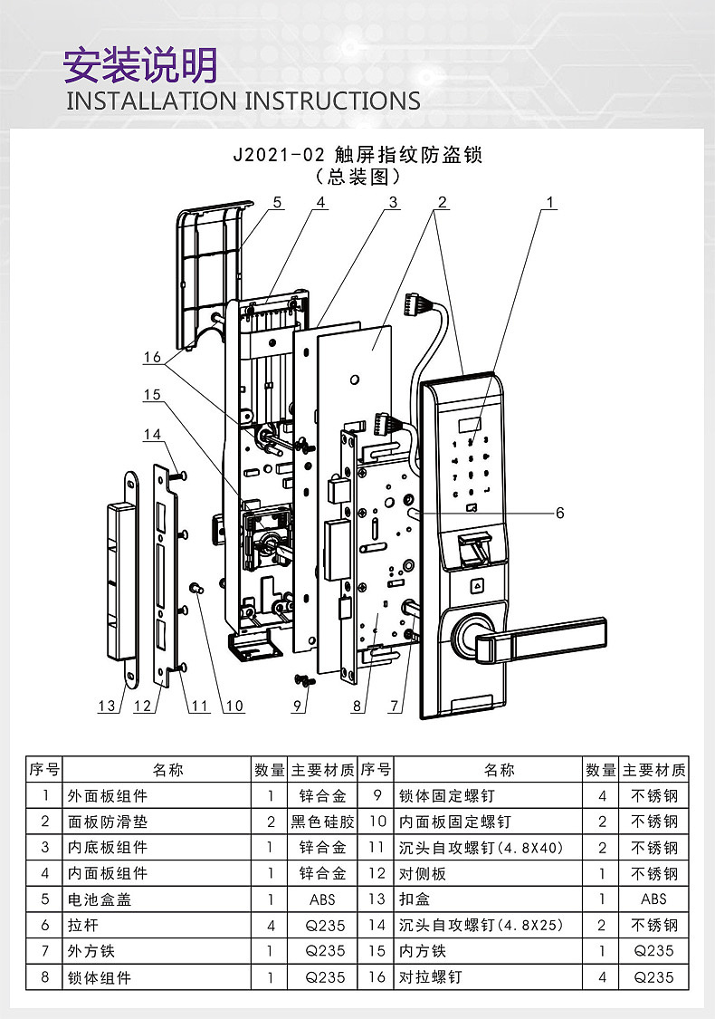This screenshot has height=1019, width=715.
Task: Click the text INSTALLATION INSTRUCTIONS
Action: [243, 101]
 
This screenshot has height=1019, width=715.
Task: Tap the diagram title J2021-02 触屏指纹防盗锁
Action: [357, 155]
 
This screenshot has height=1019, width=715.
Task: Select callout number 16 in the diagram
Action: [152, 358]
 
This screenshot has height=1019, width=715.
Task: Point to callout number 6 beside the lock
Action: [559, 513]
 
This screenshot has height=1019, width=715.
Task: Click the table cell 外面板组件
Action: [107, 796]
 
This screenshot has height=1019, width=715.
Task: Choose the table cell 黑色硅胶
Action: [323, 822]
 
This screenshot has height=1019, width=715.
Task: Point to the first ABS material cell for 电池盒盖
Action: [323, 899]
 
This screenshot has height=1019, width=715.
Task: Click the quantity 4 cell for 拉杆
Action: [270, 926]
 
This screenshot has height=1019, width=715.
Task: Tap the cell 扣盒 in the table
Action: [415, 899]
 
